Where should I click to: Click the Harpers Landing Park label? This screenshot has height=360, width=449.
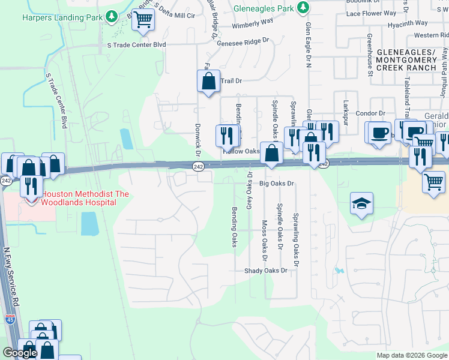(x=62, y=17)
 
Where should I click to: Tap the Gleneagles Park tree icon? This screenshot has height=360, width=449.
(x=304, y=7)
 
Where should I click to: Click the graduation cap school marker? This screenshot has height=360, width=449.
(x=362, y=204)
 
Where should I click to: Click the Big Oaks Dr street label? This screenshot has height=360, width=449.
(x=277, y=184)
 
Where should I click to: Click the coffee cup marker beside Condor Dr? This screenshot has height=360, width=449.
(x=378, y=133)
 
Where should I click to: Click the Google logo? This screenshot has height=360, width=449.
(x=20, y=353)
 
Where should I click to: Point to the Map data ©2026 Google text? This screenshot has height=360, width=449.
(x=412, y=355)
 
